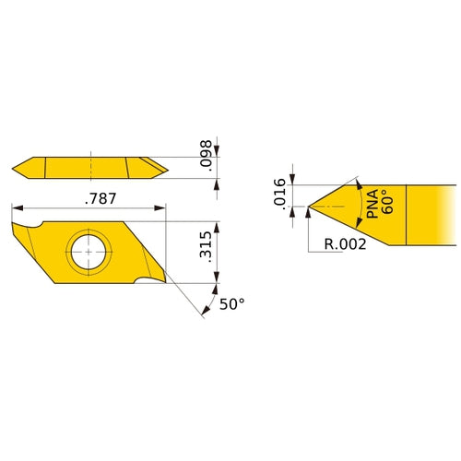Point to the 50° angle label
(x=232, y=302)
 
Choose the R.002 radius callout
(x=346, y=244)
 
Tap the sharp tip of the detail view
(x=307, y=208)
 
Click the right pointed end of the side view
(x=168, y=167)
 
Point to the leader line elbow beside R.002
(x=308, y=251)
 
